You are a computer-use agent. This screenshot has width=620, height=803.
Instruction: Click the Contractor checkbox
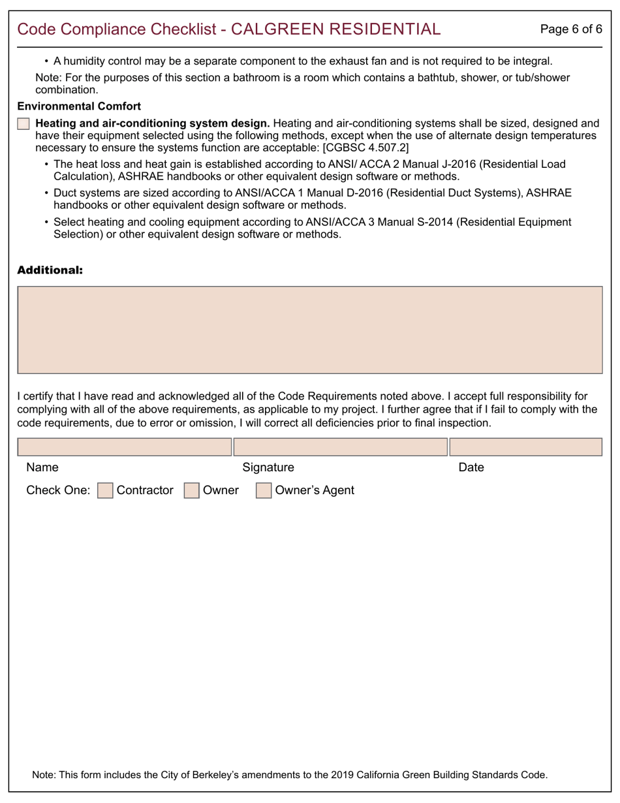(105, 490)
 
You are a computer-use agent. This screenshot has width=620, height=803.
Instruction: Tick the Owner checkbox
(191, 490)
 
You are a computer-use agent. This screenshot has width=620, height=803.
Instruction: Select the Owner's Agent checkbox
(263, 490)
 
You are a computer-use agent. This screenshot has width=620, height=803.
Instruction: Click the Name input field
(124, 447)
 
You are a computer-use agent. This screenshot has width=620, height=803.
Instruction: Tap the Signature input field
(340, 447)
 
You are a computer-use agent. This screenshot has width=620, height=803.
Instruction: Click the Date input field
(525, 447)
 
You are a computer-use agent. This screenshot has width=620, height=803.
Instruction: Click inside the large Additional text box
(309, 330)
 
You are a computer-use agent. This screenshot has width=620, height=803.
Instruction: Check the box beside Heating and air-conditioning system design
(23, 123)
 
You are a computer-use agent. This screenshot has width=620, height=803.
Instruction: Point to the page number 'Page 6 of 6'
(571, 29)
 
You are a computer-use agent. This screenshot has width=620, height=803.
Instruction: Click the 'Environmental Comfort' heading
(79, 106)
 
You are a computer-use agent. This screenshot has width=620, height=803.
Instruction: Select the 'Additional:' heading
(50, 270)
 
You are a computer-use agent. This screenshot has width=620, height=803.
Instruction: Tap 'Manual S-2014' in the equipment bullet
(418, 222)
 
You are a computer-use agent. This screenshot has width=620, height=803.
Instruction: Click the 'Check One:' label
(58, 490)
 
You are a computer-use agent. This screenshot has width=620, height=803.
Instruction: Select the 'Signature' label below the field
(268, 467)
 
